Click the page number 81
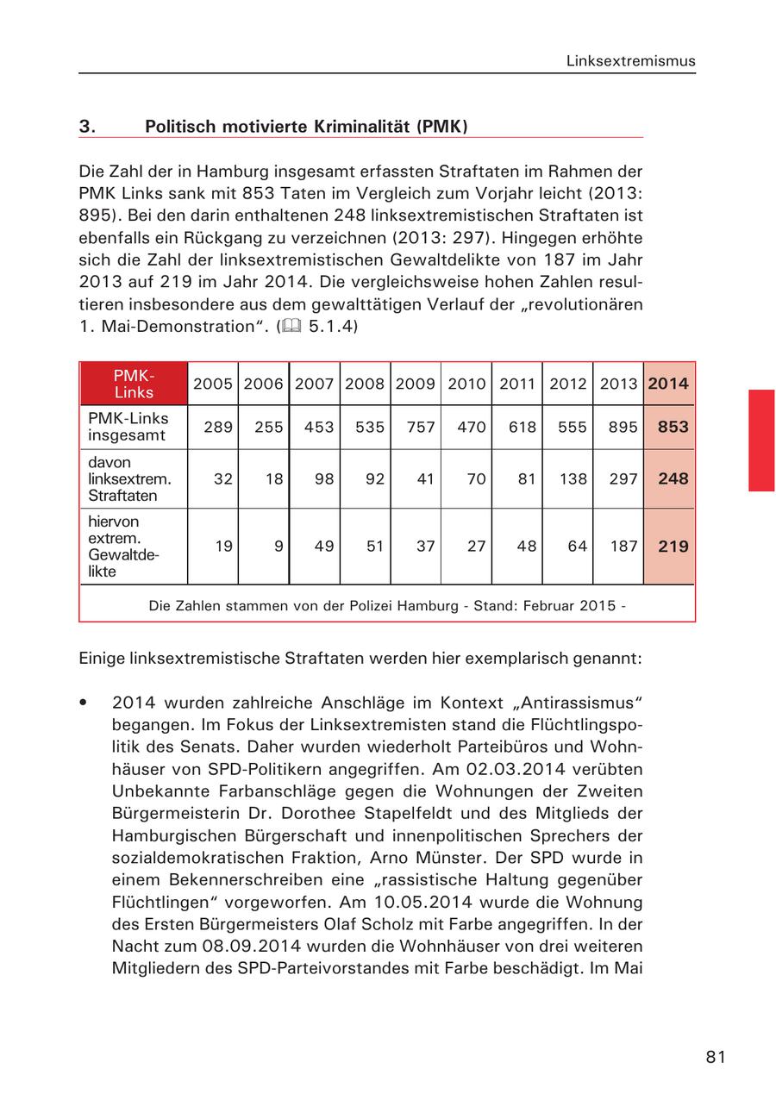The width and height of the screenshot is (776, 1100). point(715,1058)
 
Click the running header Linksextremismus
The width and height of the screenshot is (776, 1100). point(630,61)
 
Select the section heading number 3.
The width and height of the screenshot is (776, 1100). point(87,127)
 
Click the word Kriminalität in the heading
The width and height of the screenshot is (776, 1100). point(362,127)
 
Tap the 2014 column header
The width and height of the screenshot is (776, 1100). point(669,384)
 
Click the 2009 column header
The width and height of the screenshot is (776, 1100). point(415,384)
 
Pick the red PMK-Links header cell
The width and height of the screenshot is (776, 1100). point(134,384)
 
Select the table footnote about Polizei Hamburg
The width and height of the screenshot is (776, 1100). point(387,605)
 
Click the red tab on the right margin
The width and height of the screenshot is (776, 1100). point(761,440)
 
